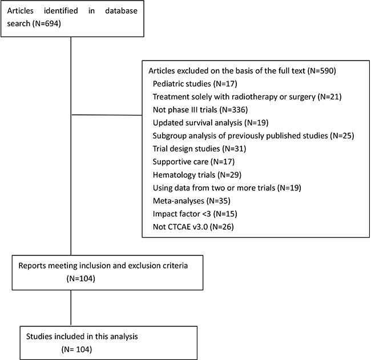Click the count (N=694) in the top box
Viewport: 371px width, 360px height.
(46, 23)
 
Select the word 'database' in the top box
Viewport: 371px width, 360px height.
(121, 11)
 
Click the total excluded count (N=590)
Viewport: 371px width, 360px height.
(321, 71)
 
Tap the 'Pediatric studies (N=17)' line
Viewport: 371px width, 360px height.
(195, 83)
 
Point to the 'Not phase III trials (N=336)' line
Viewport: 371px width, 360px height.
(200, 110)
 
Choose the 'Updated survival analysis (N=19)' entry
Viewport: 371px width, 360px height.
(211, 123)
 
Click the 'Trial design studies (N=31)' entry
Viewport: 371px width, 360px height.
(199, 149)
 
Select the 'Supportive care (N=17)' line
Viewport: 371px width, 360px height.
(193, 162)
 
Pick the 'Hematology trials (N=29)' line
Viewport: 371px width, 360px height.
(197, 175)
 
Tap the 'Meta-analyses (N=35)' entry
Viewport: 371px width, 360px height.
(192, 201)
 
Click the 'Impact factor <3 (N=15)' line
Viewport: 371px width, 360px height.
(195, 214)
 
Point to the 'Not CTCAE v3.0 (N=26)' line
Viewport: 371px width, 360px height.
(193, 227)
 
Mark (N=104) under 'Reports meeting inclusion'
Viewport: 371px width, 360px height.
(81, 278)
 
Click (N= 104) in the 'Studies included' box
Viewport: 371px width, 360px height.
(76, 350)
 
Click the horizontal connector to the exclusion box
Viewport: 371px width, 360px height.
(107, 115)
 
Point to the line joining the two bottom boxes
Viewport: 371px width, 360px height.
(71, 308)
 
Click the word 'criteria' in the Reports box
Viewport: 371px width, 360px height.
(175, 266)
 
